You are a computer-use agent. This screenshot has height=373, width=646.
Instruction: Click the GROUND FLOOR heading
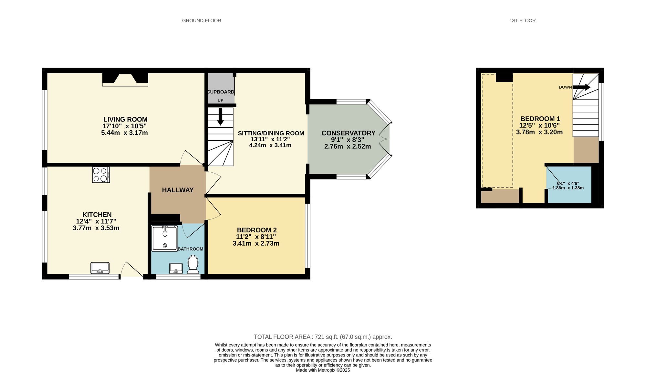pyautogui.click(x=202, y=21)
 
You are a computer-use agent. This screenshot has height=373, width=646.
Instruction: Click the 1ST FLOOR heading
pyautogui.click(x=522, y=21)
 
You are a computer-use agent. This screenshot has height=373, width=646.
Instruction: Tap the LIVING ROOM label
pyautogui.click(x=125, y=119)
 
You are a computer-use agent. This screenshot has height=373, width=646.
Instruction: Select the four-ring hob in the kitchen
pyautogui.click(x=101, y=175)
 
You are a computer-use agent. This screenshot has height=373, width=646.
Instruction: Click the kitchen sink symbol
pyautogui.click(x=100, y=268)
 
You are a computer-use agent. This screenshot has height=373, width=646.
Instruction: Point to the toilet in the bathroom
pyautogui.click(x=193, y=264)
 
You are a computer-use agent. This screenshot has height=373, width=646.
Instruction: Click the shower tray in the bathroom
pyautogui.click(x=165, y=238)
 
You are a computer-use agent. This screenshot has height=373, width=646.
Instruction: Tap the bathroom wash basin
pyautogui.click(x=176, y=268)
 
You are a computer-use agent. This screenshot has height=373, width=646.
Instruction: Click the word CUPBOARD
pyautogui.click(x=221, y=92)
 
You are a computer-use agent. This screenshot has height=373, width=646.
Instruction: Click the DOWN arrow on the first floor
pyautogui.click(x=582, y=87)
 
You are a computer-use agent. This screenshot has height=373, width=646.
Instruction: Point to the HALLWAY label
pyautogui.click(x=178, y=190)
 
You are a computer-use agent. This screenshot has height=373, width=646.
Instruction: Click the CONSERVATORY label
pyautogui.click(x=348, y=133)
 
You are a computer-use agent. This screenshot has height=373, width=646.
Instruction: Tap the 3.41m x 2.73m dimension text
pyautogui.click(x=256, y=243)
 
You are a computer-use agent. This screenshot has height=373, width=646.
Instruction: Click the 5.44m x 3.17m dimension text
pyautogui.click(x=124, y=133)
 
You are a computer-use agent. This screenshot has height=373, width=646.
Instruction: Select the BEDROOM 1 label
pyautogui.click(x=540, y=119)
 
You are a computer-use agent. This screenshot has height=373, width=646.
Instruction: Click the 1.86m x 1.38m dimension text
pyautogui.click(x=568, y=188)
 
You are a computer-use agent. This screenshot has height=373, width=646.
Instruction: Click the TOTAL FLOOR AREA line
pyautogui.click(x=323, y=337)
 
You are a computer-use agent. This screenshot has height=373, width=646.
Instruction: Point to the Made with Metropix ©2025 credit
pyautogui.click(x=323, y=370)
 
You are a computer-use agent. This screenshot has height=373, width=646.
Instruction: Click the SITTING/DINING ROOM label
pyautogui.click(x=271, y=133)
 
